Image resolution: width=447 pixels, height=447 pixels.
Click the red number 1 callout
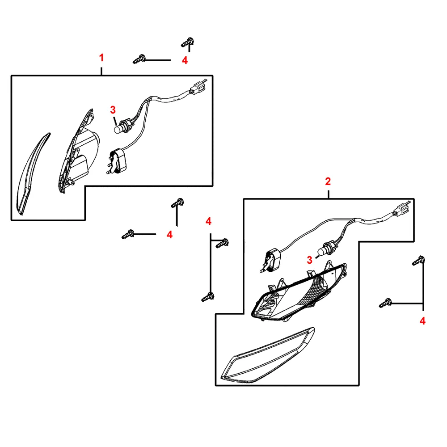click(x=101, y=58)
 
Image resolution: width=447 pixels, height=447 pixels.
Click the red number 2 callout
click(x=328, y=181)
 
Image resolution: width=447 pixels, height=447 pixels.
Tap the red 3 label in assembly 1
click(x=113, y=110)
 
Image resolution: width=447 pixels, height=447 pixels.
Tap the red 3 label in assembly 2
click(x=310, y=260)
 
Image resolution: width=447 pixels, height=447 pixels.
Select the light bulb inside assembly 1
click(x=120, y=128)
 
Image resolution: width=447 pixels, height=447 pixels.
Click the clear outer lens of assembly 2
click(x=268, y=356)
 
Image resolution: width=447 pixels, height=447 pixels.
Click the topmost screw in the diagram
click(x=188, y=42)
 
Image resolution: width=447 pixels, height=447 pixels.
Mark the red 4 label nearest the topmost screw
click(x=185, y=60)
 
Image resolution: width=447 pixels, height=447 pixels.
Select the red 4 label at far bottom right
click(x=422, y=321)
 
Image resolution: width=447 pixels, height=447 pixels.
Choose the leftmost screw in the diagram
click(x=128, y=234)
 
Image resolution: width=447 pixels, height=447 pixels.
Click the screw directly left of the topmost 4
click(x=139, y=59)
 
